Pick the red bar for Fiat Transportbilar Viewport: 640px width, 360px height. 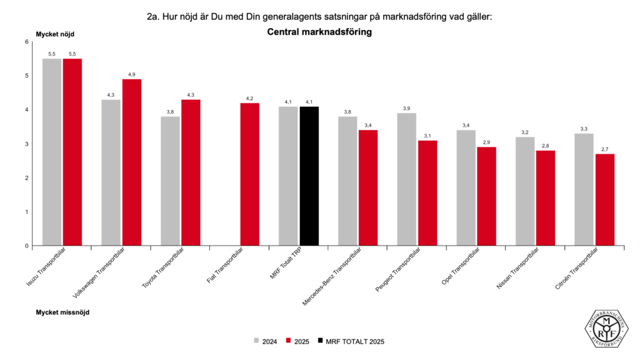[x=249, y=174]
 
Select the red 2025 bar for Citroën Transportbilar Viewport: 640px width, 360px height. [x=604, y=199]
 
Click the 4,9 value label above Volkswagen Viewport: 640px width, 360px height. [x=131, y=74]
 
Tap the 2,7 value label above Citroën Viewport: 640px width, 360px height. [x=604, y=149]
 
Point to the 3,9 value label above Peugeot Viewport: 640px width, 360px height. [x=406, y=108]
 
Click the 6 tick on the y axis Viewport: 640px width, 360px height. [x=27, y=42]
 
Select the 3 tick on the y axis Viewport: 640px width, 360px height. [x=27, y=144]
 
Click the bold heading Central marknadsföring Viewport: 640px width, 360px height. [x=319, y=32]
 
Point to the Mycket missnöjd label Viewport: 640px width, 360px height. [x=62, y=311]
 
